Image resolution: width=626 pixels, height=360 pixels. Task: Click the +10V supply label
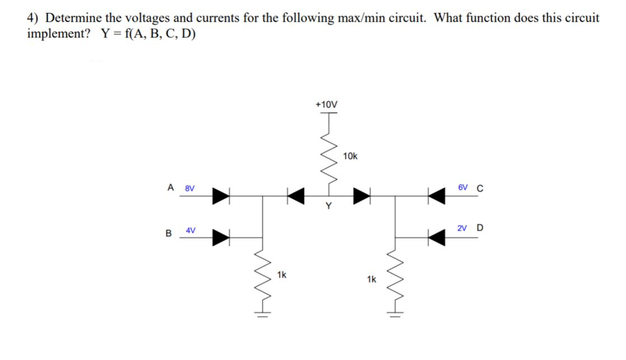click(x=326, y=105)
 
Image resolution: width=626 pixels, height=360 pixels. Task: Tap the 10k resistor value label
click(x=351, y=156)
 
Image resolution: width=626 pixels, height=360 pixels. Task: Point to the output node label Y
click(x=328, y=207)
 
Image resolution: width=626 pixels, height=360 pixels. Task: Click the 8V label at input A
click(x=190, y=189)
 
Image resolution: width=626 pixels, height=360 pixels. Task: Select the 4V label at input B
click(x=191, y=230)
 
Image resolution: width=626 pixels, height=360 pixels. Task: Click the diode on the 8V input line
click(x=220, y=196)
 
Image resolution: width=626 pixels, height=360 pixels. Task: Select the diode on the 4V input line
click(x=220, y=237)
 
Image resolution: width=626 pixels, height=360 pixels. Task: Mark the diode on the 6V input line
click(x=436, y=196)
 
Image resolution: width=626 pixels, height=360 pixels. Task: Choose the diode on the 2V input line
click(x=436, y=237)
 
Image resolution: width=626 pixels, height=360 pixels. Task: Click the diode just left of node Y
click(x=296, y=196)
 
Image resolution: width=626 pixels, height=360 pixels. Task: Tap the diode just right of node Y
click(x=363, y=196)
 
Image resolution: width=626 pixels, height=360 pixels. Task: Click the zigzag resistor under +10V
click(x=328, y=160)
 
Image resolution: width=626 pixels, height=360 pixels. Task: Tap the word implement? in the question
click(x=59, y=33)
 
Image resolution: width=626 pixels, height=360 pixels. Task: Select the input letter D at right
click(x=479, y=228)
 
